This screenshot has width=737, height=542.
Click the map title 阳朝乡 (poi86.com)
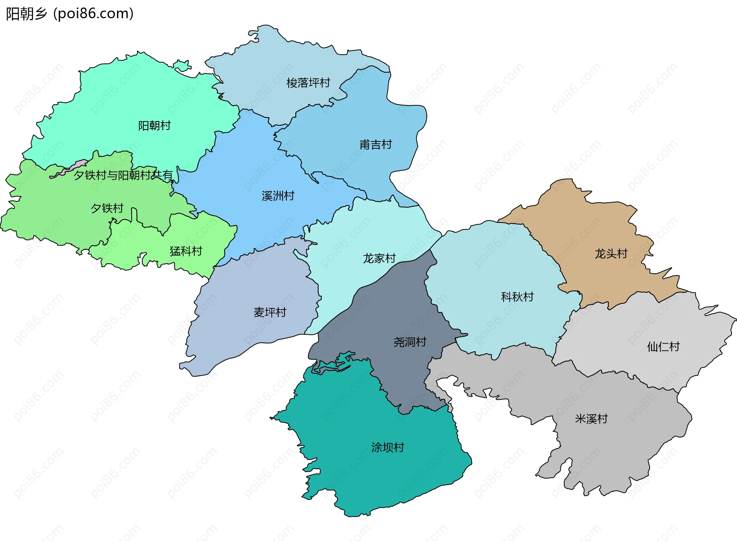(x=69, y=14)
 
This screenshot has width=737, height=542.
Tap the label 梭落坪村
(x=308, y=83)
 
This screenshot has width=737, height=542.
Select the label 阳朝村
(x=154, y=126)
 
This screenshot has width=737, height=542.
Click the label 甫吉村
(x=376, y=145)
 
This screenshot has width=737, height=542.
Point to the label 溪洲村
(x=278, y=196)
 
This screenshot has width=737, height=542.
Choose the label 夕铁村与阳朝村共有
(x=123, y=175)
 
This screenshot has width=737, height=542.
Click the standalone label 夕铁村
(x=107, y=208)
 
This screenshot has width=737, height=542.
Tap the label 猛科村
(x=186, y=251)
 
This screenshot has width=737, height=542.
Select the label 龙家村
(x=379, y=258)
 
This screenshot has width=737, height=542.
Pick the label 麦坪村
(x=270, y=313)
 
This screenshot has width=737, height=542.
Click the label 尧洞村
(x=410, y=342)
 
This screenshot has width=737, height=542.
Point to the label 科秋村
(x=517, y=297)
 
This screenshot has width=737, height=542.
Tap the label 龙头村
(x=611, y=254)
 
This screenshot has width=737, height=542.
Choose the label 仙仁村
(x=663, y=347)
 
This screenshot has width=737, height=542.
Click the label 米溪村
(x=592, y=419)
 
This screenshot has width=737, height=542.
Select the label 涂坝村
(x=388, y=447)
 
